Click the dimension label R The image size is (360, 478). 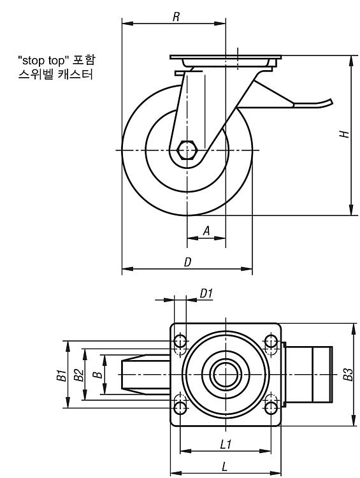176,17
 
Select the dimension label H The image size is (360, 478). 344,134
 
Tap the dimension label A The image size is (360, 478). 206,231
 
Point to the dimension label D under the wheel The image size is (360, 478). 188,262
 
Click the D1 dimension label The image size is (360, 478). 206,294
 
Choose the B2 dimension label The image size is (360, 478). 78,375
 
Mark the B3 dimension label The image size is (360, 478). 348,375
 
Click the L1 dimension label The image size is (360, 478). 226,445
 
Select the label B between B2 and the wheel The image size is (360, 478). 98,375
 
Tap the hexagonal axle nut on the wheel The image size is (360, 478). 187,150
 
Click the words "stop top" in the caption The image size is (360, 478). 42,61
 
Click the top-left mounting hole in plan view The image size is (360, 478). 180,341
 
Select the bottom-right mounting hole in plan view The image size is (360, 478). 271,408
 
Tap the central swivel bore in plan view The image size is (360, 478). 226,375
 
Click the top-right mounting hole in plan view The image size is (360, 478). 271,341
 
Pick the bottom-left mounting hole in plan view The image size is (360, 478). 180,408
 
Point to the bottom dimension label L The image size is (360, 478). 225,467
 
